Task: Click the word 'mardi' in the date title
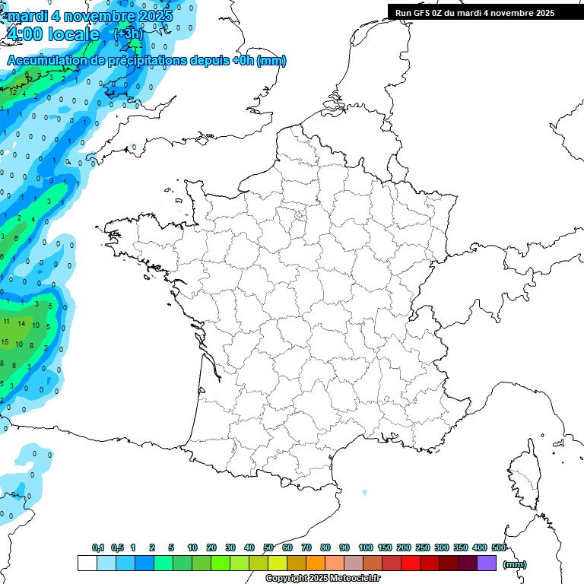coord(27,16)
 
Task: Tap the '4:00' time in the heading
coord(26,34)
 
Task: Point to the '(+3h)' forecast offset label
coord(127,34)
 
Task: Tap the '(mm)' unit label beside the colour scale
coord(515,564)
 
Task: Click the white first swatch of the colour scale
coord(87,563)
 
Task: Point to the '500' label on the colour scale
coord(499,547)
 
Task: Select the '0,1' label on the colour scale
coord(98,547)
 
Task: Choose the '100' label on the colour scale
coord(365,547)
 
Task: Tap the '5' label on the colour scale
coord(171,547)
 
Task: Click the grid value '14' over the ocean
coord(22,324)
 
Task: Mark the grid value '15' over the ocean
coord(5,342)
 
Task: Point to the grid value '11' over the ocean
coord(7,322)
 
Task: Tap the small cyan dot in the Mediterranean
coord(364,492)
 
